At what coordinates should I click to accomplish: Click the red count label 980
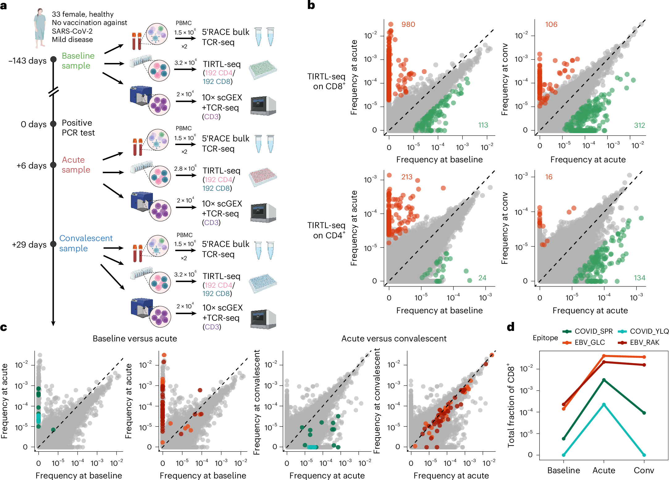[x=408, y=24]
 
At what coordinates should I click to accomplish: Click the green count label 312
[x=639, y=125]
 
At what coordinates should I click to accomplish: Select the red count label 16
[x=549, y=177]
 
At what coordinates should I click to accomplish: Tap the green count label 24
[x=482, y=278]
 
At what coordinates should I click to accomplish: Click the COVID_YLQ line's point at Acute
[x=604, y=404]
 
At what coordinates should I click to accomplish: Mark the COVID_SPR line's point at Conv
[x=644, y=413]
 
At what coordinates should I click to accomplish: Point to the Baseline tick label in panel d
[x=563, y=470]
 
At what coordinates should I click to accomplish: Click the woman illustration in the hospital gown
[x=40, y=28]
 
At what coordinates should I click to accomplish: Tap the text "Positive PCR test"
[x=78, y=128]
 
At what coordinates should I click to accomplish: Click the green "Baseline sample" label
[x=78, y=61]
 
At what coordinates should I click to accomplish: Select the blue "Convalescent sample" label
[x=86, y=243]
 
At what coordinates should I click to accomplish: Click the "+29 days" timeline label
[x=29, y=245]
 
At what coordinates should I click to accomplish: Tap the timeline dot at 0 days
[x=53, y=124]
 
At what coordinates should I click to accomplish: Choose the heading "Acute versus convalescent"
[x=394, y=339]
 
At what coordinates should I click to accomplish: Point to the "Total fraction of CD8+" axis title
[x=511, y=405]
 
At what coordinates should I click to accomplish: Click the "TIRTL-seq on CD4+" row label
[x=326, y=230]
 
